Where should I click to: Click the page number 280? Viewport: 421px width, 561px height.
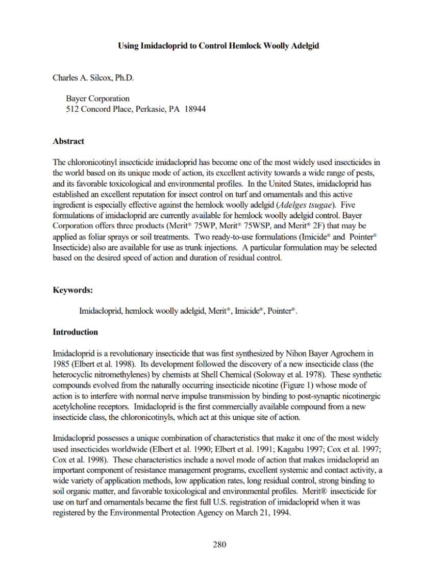(x=219, y=544)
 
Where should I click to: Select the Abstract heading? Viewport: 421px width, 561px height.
(x=68, y=141)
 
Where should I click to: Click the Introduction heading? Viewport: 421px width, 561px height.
(x=76, y=332)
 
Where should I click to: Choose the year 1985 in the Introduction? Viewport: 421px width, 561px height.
(x=61, y=362)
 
